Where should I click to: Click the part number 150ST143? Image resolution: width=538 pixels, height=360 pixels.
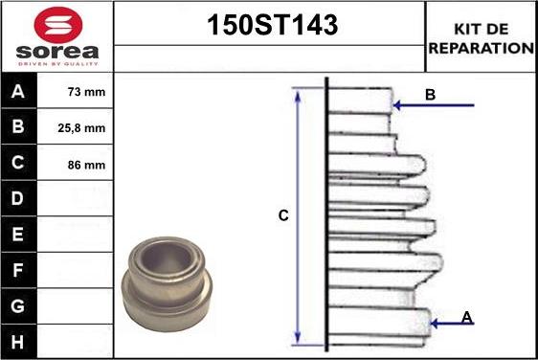272,25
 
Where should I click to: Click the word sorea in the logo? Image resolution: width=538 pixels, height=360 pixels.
56,52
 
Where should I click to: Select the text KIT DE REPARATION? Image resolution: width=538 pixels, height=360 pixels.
482,38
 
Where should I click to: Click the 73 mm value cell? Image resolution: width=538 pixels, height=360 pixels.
75,91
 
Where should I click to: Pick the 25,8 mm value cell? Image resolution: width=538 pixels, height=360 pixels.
75,127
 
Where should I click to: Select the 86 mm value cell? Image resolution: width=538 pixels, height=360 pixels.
75,164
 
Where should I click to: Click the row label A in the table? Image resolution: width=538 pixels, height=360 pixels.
18,91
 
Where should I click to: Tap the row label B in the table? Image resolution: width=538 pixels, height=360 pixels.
18,126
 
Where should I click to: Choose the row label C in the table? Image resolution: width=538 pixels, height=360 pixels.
18,163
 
